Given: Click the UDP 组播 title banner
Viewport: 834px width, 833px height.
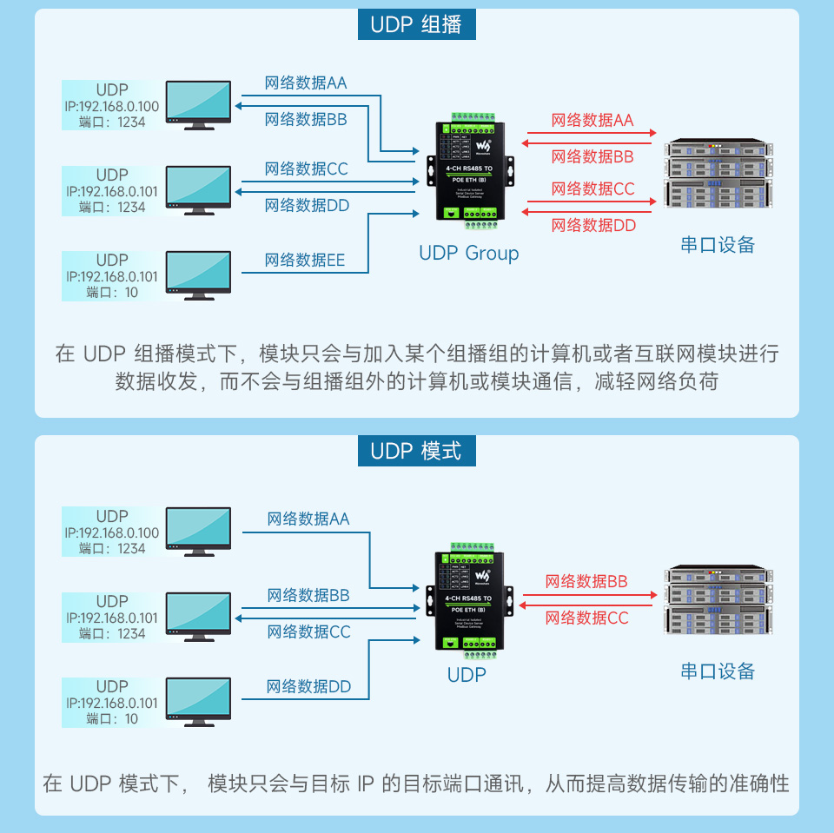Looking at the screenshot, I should (x=416, y=24).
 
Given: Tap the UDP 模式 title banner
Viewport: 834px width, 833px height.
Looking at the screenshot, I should (x=416, y=451).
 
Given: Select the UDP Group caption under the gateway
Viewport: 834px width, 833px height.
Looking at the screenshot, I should (x=468, y=254).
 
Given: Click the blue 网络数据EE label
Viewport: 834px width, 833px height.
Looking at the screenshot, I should (x=304, y=261).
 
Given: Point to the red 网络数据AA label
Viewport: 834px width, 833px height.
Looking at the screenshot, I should (x=592, y=121).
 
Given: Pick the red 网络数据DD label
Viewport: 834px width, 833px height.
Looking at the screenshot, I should (x=593, y=226).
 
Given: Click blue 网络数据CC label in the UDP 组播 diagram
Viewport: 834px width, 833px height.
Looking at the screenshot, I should (x=306, y=169).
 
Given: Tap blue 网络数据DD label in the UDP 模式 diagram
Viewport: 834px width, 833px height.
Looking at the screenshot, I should (x=308, y=687).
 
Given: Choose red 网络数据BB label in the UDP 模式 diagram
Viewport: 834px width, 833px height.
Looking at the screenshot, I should (x=586, y=582).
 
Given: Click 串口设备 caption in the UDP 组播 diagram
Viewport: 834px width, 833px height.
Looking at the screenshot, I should (x=718, y=245).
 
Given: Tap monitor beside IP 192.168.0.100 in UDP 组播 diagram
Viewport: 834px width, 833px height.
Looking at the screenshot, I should (x=198, y=104).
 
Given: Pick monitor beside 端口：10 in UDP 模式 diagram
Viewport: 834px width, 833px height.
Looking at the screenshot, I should (x=198, y=701).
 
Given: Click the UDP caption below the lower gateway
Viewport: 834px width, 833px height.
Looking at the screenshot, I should (x=467, y=675).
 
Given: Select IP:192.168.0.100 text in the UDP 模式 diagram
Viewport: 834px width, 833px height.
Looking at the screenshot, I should (x=112, y=532).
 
